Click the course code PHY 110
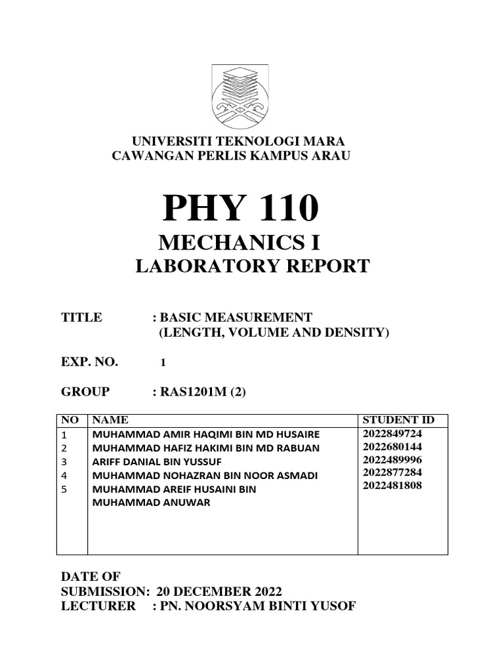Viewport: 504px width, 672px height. pyautogui.click(x=241, y=209)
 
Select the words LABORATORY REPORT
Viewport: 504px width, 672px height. pyautogui.click(x=252, y=266)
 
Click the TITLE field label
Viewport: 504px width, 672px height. pyautogui.click(x=81, y=318)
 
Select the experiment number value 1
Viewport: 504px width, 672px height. pyautogui.click(x=163, y=362)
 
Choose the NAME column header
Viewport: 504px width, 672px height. pyautogui.click(x=110, y=420)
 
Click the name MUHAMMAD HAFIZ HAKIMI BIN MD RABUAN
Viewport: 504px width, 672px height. pyautogui.click(x=206, y=448)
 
